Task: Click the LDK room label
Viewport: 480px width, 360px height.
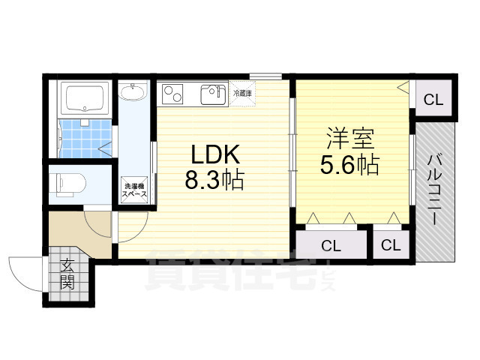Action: pos(215,154)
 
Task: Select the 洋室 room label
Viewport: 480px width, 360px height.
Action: pos(350,139)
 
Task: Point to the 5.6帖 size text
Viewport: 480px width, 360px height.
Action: pos(350,164)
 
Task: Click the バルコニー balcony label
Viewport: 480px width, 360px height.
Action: pos(435,190)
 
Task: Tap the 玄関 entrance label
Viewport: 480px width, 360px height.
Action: pos(67,274)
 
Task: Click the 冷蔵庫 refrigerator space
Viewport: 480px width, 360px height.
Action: pos(242,93)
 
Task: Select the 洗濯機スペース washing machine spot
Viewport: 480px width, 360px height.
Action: pos(134,190)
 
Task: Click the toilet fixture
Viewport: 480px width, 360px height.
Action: pos(71,184)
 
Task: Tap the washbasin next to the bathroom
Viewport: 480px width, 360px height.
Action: pos(133,91)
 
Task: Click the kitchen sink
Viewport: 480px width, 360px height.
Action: pos(213,94)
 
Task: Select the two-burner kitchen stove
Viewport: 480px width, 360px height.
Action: pos(172,94)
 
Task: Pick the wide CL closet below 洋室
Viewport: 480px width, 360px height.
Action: pos(331,244)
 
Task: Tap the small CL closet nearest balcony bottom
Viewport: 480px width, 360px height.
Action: pos(391,244)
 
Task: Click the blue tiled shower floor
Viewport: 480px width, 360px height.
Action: pos(85,139)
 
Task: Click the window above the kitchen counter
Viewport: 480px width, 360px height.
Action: pos(265,75)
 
